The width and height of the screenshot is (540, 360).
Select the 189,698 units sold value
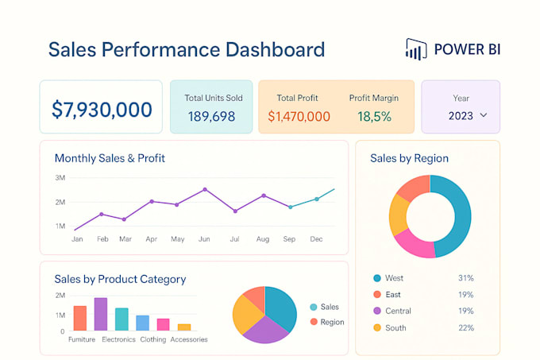pyautogui.click(x=212, y=117)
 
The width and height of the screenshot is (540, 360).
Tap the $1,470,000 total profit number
pyautogui.click(x=299, y=117)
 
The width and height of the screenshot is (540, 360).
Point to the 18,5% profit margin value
pyautogui.click(x=373, y=117)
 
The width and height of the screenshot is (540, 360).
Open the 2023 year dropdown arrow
pyautogui.click(x=483, y=116)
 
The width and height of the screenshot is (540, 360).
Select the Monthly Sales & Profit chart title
pyautogui.click(x=110, y=158)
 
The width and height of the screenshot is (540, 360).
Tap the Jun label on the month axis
pyautogui.click(x=204, y=238)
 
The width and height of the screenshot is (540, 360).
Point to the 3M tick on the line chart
pyautogui.click(x=60, y=178)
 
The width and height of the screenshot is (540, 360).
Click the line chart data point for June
pyautogui.click(x=205, y=189)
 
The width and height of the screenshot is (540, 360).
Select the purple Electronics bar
pyautogui.click(x=101, y=314)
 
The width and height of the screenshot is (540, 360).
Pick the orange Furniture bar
pyautogui.click(x=79, y=318)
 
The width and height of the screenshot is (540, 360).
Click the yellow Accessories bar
pyautogui.click(x=184, y=327)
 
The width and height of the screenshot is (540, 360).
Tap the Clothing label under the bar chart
pyautogui.click(x=153, y=339)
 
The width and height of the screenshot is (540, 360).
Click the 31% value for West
pyautogui.click(x=466, y=278)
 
